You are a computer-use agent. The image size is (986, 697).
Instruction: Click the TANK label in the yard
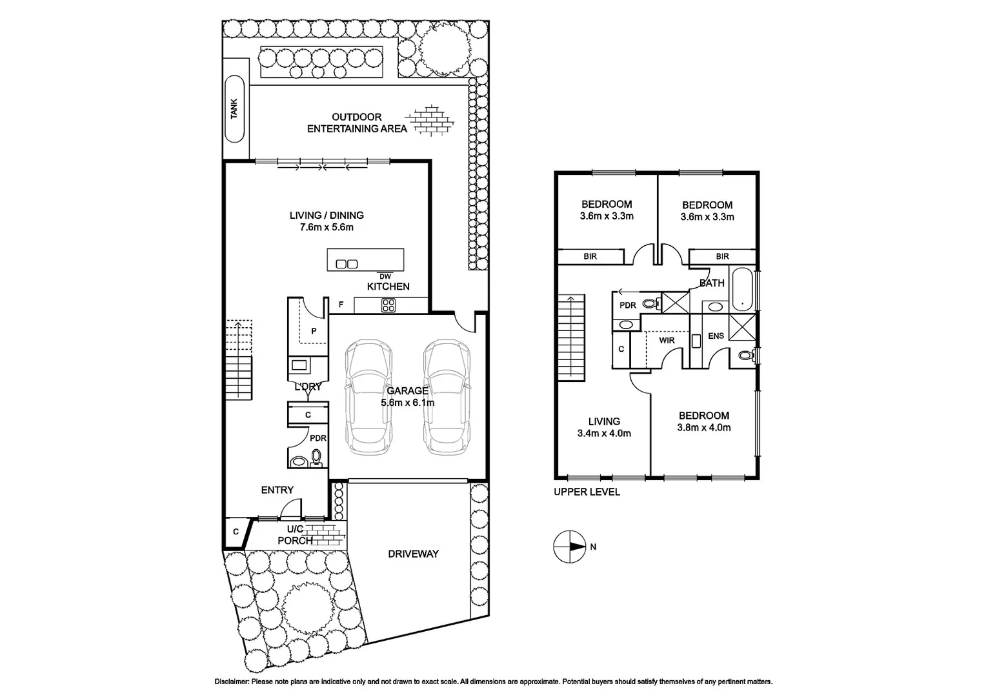point(234,108)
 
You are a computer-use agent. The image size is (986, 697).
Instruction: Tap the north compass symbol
point(568,547)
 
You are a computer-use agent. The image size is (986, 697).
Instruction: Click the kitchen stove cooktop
point(388,306)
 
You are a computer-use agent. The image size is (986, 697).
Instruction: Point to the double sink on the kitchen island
point(347,263)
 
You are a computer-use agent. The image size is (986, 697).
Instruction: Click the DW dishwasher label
point(385,277)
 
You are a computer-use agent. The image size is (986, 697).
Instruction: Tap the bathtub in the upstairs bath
point(742,288)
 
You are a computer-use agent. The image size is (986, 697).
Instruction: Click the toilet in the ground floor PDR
point(316,457)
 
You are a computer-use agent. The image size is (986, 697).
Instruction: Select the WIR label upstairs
point(667,340)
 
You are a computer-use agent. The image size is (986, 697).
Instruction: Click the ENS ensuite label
point(716,336)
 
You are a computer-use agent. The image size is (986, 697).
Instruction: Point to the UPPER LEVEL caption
point(587,492)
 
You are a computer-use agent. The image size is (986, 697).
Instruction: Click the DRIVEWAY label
point(413,554)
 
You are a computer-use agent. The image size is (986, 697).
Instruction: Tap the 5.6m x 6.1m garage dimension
point(407,403)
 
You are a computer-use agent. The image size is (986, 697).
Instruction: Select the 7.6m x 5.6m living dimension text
point(327,227)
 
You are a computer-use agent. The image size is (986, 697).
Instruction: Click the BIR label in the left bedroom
point(590,257)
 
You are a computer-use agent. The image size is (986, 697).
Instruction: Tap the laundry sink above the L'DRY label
point(299,365)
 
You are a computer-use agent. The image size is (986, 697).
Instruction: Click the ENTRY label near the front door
point(277,490)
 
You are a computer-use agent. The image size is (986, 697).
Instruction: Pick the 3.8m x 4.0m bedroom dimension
point(703,427)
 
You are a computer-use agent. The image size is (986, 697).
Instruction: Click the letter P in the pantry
point(314,331)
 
